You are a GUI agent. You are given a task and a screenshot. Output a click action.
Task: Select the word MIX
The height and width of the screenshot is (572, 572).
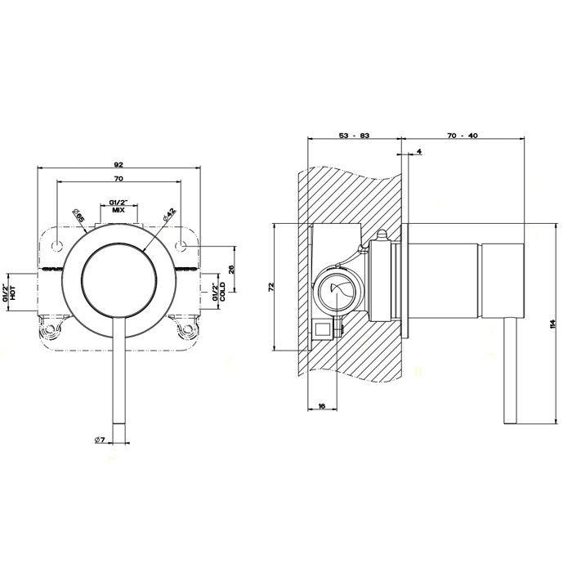118,210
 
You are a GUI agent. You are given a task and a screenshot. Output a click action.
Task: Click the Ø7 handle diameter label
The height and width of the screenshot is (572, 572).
98,441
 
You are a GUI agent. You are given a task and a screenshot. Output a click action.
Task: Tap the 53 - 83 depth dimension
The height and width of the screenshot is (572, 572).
353,135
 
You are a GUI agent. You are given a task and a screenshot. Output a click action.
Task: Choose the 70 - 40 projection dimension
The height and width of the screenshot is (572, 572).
463,135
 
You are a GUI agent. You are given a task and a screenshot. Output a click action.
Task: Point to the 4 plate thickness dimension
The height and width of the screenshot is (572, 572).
418,152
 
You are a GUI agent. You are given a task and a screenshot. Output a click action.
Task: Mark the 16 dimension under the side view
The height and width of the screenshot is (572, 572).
322,406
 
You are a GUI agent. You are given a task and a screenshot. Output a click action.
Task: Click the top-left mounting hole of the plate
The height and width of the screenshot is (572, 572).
59,244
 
